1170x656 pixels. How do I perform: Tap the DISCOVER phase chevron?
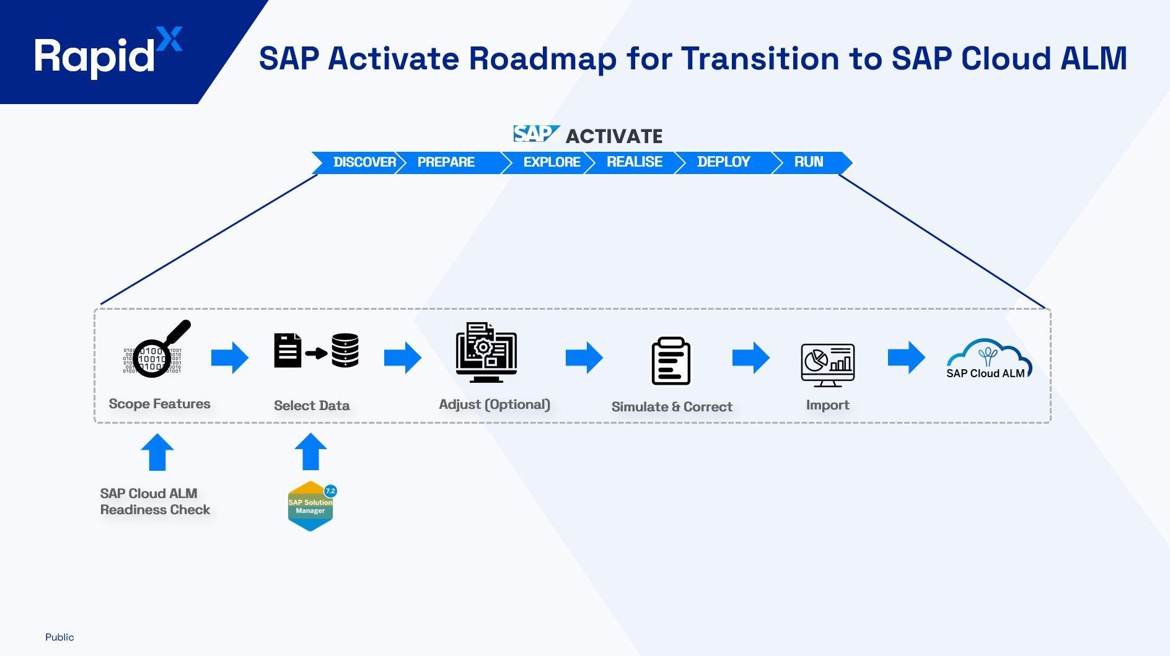363,162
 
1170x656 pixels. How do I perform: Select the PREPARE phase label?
446,162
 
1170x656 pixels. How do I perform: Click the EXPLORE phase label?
552,162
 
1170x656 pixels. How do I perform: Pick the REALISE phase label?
635,162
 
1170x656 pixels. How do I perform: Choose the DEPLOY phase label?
723,162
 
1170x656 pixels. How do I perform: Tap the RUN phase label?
809,162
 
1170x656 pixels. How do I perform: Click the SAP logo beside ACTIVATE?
535,134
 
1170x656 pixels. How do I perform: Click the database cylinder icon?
345,351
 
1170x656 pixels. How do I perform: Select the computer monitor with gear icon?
486,352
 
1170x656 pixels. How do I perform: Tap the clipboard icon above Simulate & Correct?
671,361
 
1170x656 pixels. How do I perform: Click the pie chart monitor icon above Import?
827,365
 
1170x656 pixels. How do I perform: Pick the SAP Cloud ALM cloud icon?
988,359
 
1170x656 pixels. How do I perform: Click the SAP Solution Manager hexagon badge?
311,506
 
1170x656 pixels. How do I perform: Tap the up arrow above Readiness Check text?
157,452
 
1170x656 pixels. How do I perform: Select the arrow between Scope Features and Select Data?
230,357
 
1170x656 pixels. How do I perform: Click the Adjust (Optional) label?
494,405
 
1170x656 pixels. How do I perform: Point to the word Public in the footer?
59,637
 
